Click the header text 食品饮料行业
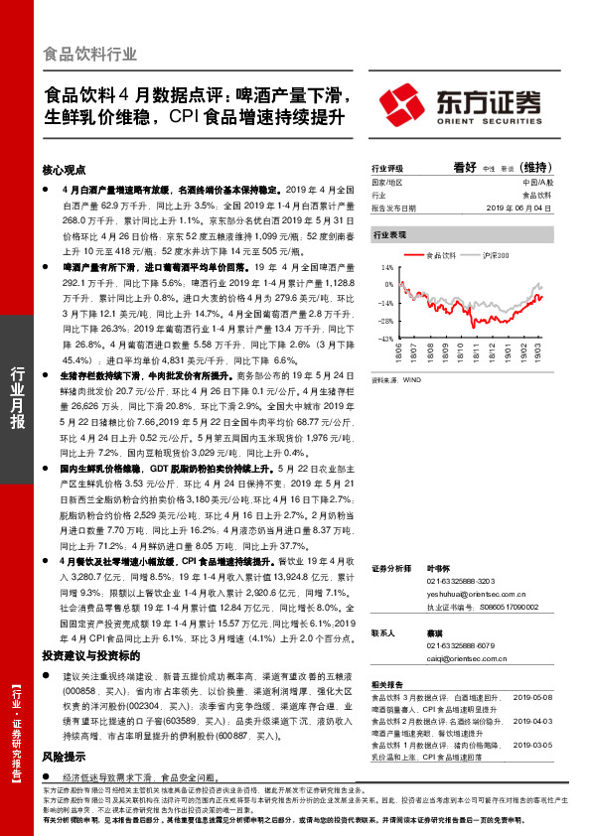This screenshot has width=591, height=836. coord(90,55)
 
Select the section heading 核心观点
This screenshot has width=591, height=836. coord(65,171)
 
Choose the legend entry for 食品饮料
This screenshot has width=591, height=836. coord(437,255)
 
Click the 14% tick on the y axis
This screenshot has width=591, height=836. coord(388,268)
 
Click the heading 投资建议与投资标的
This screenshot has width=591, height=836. coord(97,656)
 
